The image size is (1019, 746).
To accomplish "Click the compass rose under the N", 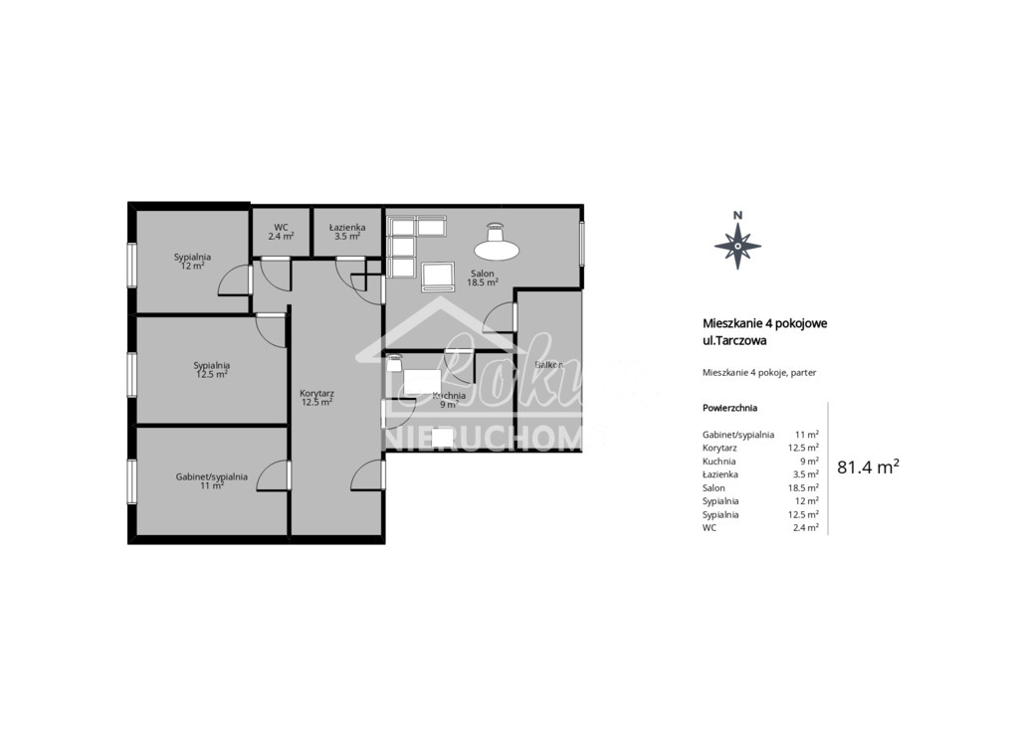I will [737, 244].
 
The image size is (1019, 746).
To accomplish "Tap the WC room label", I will [281, 232].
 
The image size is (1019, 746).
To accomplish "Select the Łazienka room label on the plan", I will [347, 232].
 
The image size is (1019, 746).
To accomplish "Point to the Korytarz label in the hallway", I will [316, 398].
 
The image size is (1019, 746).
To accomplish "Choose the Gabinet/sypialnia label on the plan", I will [211, 480].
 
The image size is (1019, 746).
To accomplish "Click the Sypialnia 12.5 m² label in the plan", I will [211, 370].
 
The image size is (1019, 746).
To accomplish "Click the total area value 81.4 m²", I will [868, 466].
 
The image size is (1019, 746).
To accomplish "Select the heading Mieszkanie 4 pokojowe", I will [765, 323].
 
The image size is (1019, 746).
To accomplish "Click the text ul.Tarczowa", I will [734, 340].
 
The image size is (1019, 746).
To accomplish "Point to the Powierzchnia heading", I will [729, 408].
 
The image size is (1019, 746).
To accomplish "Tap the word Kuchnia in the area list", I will [718, 462].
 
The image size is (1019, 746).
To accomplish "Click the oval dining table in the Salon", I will [495, 245].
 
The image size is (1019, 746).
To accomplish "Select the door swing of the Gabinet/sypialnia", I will [273, 477].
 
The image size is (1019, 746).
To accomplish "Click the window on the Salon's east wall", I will [583, 242].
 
